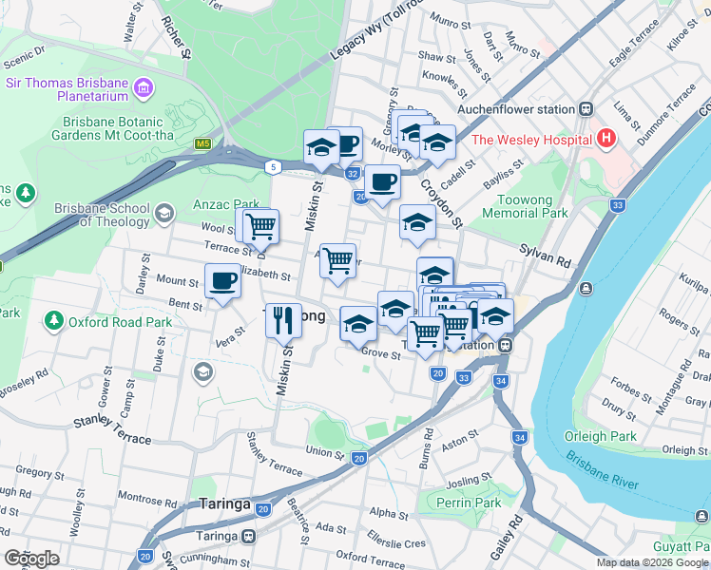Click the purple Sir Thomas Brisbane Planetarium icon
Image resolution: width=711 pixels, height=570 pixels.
tap(144, 90)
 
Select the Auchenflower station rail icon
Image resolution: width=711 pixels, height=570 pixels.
tap(588, 109)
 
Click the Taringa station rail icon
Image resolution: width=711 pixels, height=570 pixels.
tap(248, 536)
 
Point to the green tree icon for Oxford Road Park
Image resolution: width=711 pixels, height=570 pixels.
tap(54, 322)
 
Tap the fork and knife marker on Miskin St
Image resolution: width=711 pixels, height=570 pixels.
tap(283, 320)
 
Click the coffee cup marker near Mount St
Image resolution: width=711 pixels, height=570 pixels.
tap(222, 281)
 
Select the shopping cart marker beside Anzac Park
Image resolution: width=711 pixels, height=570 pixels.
tap(259, 226)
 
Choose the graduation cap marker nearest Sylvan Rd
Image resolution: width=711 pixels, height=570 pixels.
tap(416, 222)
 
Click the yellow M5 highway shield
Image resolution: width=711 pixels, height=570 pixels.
tap(202, 144)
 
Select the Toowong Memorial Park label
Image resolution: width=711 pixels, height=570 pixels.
tap(533, 207)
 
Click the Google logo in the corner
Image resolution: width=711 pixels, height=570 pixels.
tap(31, 558)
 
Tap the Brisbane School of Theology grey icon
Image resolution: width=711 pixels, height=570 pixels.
tap(166, 212)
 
